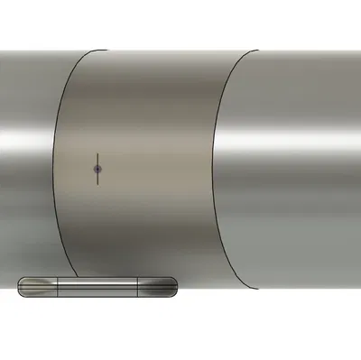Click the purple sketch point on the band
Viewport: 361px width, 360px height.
97,169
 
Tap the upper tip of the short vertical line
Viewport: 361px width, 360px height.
97,154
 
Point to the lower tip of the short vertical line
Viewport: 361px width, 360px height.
97,183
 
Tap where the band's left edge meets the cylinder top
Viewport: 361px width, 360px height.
106,51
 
